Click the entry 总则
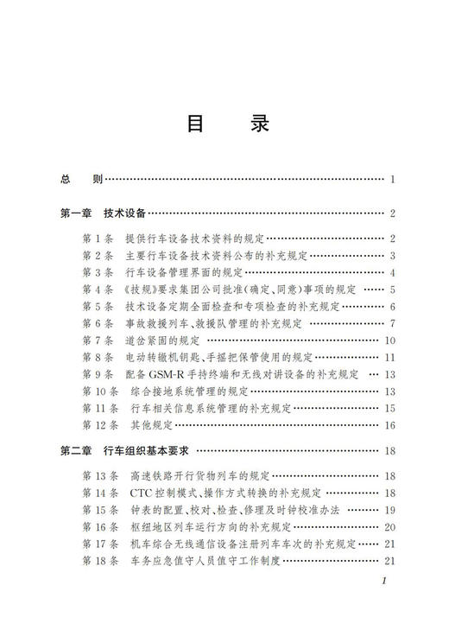(81, 180)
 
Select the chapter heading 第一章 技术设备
(102, 213)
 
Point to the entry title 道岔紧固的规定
(162, 340)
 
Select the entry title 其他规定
(152, 425)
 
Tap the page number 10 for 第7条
(389, 340)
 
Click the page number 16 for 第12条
(389, 425)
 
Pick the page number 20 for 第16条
(389, 526)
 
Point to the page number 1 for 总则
(392, 180)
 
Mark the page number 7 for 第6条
(392, 323)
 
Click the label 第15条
(99, 510)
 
